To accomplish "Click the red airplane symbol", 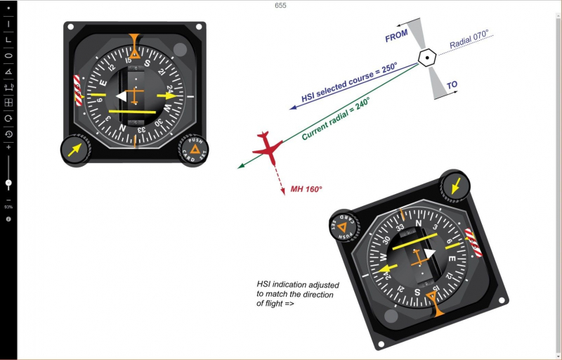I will pyautogui.click(x=268, y=147).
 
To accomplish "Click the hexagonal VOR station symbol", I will pyautogui.click(x=426, y=58).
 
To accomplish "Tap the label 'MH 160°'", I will pyautogui.click(x=306, y=189).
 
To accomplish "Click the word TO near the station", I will pyautogui.click(x=452, y=85).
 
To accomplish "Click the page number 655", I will pyautogui.click(x=280, y=6).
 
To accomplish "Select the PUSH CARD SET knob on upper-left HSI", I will pyautogui.click(x=191, y=150).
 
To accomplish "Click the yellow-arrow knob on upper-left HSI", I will pyautogui.click(x=75, y=149).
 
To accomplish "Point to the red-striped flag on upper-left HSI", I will pyautogui.click(x=78, y=90).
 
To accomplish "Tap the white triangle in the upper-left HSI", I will pyautogui.click(x=122, y=96).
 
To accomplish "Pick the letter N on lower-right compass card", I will pyautogui.click(x=417, y=224).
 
